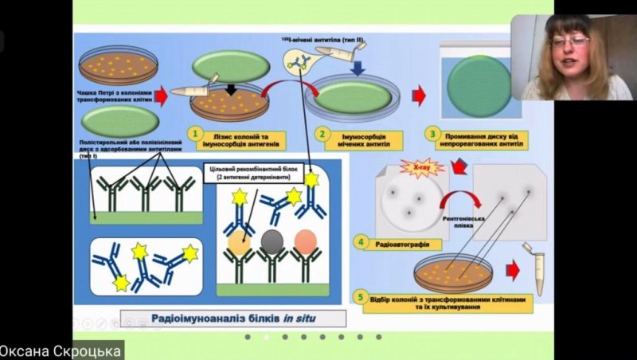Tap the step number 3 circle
(432, 135)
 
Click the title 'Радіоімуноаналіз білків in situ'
(233, 319)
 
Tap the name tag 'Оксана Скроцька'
(61, 350)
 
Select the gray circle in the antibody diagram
(272, 239)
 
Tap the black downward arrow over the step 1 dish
(231, 87)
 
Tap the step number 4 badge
(361, 241)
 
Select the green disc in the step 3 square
(479, 86)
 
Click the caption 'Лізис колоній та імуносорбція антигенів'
(244, 140)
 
